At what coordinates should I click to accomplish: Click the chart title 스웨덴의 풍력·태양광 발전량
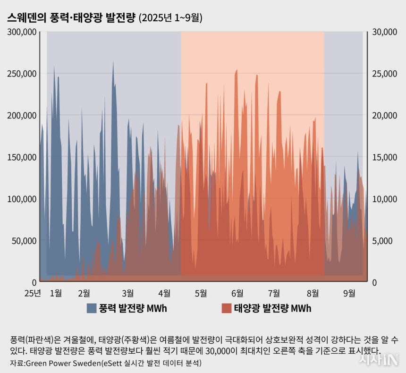tap(71, 18)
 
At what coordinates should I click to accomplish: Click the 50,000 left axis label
tap(24, 241)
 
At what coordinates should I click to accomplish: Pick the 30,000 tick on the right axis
tap(384, 32)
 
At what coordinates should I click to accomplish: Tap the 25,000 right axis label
tap(384, 74)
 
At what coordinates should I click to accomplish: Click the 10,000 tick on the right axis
tap(384, 199)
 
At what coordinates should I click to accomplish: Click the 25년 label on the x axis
tap(33, 293)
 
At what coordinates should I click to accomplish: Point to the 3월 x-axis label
tap(128, 293)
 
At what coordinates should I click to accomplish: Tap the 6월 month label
tap(237, 293)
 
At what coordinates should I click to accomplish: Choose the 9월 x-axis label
tap(349, 293)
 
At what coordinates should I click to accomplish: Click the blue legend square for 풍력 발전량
tap(92, 309)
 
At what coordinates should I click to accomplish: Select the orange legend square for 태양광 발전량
tap(227, 309)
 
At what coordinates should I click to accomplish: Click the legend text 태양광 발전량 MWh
tap(272, 309)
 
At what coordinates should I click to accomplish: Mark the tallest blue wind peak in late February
tap(113, 62)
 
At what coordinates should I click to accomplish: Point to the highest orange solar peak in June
tap(237, 70)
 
